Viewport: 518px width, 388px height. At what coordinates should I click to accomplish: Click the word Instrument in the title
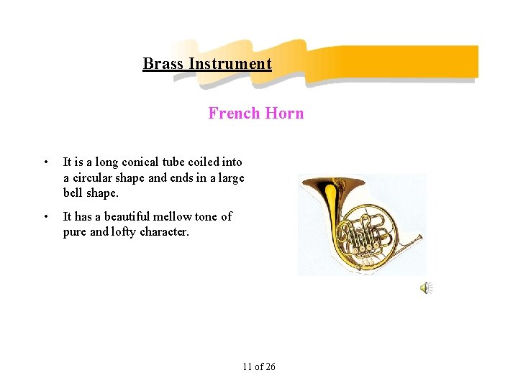(x=230, y=64)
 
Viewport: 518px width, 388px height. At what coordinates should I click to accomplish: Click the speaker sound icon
(x=426, y=288)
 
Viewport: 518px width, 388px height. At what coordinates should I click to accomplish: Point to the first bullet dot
(x=45, y=162)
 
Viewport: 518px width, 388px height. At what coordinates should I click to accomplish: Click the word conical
(x=139, y=162)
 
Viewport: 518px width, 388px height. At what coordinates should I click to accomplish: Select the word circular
(x=96, y=177)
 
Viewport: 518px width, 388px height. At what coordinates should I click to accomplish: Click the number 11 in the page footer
(x=247, y=367)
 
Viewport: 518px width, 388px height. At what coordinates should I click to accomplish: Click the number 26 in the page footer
(x=270, y=367)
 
